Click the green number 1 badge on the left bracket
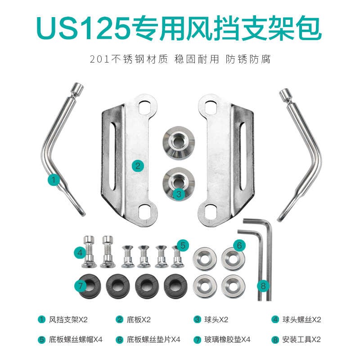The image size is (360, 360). [54, 180]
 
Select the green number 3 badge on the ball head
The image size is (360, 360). [179, 194]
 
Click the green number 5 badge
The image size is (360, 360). [182, 245]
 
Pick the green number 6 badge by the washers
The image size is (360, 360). [239, 245]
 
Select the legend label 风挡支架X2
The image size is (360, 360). [68, 320]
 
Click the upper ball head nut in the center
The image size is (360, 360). [179, 141]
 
